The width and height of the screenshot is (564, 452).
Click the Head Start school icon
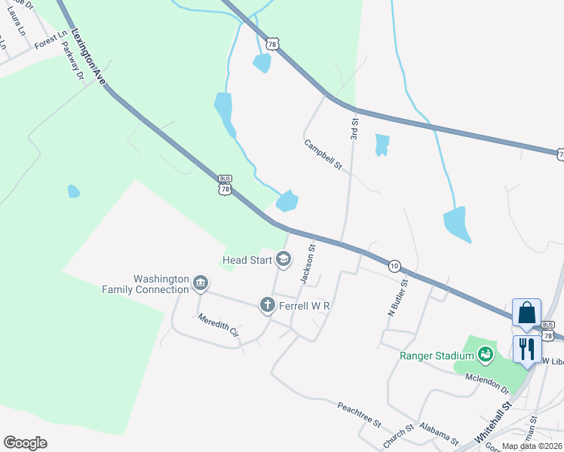click(x=284, y=261)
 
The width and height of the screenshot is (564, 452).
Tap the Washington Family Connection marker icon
click(x=200, y=283)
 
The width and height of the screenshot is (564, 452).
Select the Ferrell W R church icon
click(x=267, y=306)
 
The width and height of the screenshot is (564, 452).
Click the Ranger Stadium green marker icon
click(x=485, y=354)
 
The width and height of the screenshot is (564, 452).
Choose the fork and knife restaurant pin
click(x=526, y=349)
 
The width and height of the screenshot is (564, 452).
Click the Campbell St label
click(x=323, y=154)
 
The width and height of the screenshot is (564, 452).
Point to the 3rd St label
click(x=354, y=125)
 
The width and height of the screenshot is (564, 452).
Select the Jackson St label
click(x=308, y=263)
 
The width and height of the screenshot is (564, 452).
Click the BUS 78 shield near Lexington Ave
click(x=224, y=186)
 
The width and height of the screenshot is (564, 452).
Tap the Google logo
click(x=25, y=442)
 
